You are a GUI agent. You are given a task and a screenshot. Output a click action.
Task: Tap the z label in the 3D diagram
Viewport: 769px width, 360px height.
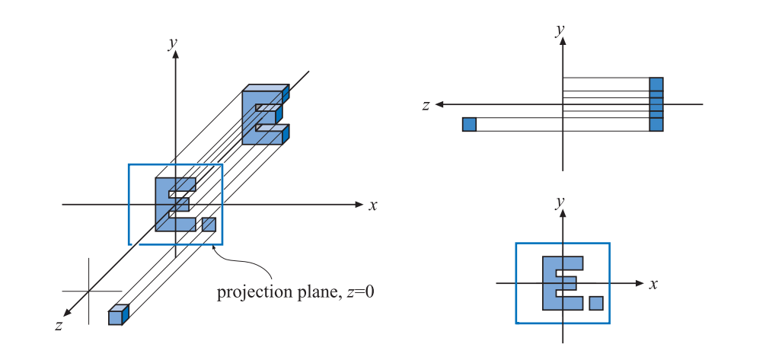[x=59, y=325]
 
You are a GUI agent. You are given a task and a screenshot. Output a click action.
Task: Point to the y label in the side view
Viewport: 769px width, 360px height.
[x=560, y=30]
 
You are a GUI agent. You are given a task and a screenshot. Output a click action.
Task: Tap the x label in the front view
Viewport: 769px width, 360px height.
[x=653, y=284]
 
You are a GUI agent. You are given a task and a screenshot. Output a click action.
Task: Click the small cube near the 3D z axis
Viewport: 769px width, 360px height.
[x=116, y=315]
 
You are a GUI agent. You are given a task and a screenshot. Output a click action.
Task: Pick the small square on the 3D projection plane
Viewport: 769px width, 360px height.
[x=209, y=225]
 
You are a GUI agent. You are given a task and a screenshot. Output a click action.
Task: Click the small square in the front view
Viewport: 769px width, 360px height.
[x=596, y=303]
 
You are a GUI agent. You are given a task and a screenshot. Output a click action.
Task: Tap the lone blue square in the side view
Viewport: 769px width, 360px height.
[x=469, y=124]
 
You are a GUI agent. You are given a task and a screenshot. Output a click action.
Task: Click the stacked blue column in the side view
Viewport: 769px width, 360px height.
[x=656, y=104]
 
